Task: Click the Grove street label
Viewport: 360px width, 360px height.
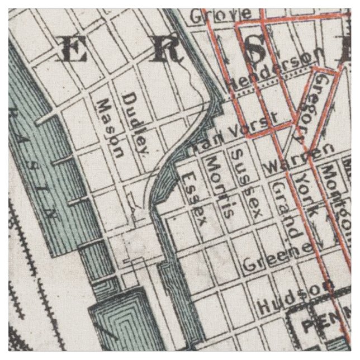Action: point(212,16)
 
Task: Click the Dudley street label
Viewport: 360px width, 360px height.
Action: point(136,124)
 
